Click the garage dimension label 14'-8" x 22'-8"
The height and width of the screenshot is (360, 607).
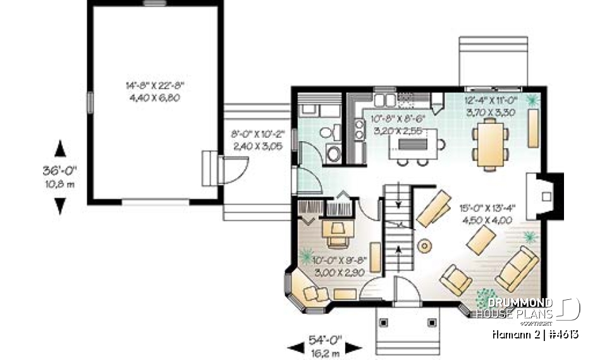pyautogui.click(x=154, y=87)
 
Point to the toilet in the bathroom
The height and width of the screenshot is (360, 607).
pyautogui.click(x=328, y=134)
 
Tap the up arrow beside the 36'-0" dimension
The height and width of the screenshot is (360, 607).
pyautogui.click(x=60, y=149)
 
